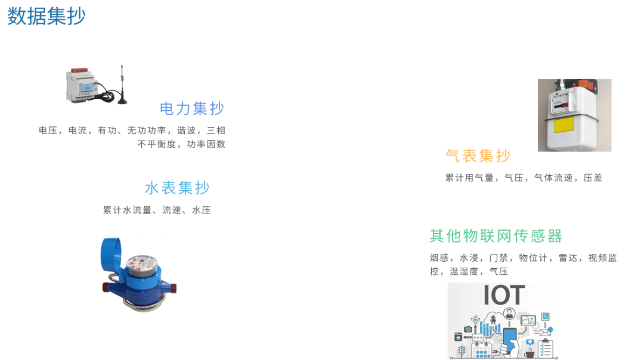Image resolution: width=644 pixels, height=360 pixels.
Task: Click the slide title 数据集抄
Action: coord(47,17)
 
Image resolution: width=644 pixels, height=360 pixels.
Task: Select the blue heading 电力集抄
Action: coord(192,108)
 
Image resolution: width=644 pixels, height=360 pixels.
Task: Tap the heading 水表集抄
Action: coord(177,188)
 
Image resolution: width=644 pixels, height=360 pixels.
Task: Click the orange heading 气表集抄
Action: coord(478,156)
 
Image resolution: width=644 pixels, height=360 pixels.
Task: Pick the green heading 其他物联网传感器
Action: coord(496,235)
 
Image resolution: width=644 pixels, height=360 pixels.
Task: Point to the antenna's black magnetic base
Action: coord(123,100)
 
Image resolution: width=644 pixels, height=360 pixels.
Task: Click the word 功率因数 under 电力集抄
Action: coord(206,144)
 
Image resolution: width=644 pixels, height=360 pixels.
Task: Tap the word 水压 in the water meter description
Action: coord(202,210)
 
